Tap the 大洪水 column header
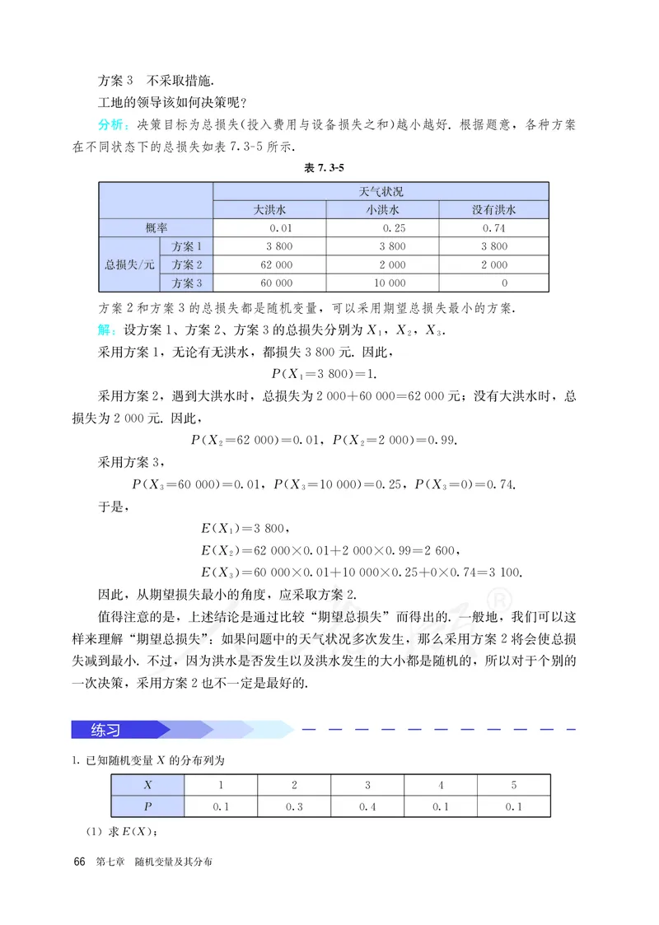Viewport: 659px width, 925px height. pos(269,209)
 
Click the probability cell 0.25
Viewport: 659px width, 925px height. pos(392,228)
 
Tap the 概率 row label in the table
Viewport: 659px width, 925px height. pos(155,228)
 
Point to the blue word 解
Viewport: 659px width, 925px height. pos(106,330)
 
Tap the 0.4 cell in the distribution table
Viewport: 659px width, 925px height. pos(367,806)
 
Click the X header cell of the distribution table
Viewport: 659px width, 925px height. pos(147,785)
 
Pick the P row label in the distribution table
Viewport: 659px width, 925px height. pos(147,806)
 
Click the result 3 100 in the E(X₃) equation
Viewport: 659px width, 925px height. pos(504,572)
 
